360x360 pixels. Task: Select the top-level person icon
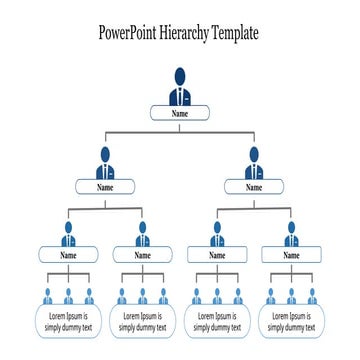click(180, 87)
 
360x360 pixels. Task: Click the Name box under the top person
click(180, 113)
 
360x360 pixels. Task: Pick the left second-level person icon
click(105, 162)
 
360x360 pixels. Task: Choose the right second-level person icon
click(254, 162)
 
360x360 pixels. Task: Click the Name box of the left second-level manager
click(105, 186)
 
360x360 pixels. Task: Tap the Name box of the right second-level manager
click(254, 186)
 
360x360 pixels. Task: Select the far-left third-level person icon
click(68, 235)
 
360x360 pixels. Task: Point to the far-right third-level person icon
click(291, 235)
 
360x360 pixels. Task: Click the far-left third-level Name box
click(68, 255)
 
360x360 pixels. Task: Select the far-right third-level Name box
click(291, 255)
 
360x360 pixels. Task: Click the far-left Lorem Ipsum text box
click(68, 321)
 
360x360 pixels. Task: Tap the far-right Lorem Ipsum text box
click(291, 321)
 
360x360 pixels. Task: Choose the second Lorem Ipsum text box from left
click(142, 321)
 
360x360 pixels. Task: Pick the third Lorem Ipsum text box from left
click(217, 321)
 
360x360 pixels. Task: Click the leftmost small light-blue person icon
click(47, 296)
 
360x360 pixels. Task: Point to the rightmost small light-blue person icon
click(312, 296)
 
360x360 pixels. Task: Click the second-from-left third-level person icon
click(142, 235)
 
